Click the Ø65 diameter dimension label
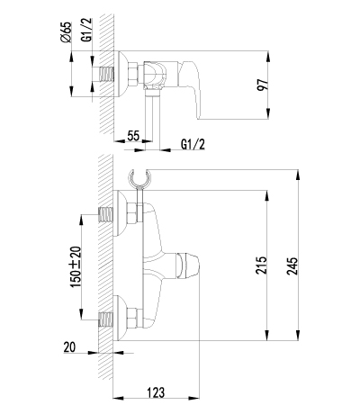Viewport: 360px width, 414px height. (67, 31)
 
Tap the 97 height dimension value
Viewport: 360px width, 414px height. (262, 85)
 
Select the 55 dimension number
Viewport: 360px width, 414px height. (133, 136)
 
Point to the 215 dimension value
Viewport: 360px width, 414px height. (261, 265)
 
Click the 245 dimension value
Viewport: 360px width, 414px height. (292, 265)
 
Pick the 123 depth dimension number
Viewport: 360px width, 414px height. (156, 392)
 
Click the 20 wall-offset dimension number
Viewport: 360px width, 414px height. (69, 347)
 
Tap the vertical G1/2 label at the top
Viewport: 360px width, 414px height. (86, 30)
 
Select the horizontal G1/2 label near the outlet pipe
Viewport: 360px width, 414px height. (193, 145)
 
